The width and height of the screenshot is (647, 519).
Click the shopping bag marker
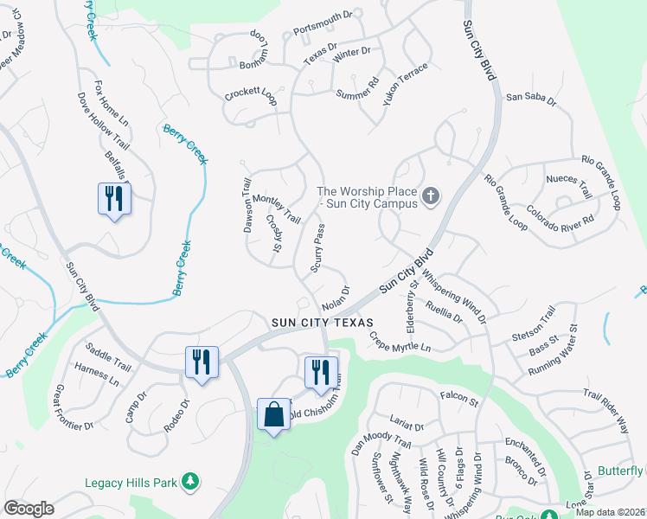[274, 414]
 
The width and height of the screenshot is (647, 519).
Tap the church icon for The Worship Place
[431, 197]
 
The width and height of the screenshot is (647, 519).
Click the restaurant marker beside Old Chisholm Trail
[321, 372]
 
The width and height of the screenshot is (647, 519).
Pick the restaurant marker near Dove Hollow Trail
[114, 199]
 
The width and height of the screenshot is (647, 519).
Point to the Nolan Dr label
[336, 298]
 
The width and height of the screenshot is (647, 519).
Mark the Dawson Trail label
[247, 203]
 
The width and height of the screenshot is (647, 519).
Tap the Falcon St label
[458, 398]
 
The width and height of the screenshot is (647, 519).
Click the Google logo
[29, 508]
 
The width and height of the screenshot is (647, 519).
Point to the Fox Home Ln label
[112, 104]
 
